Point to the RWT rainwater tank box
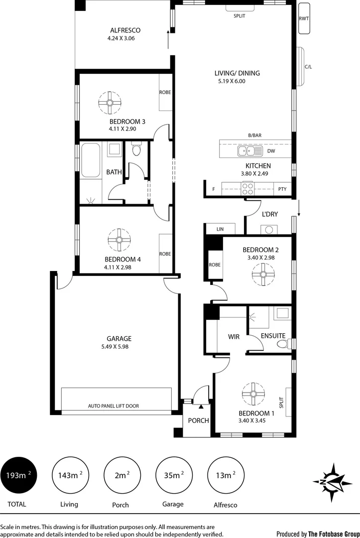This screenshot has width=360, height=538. pyautogui.click(x=303, y=19)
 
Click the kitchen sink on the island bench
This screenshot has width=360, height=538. pyautogui.click(x=246, y=150)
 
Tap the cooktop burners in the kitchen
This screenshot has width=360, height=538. pyautogui.click(x=248, y=188)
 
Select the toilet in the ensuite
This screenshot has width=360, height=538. pyautogui.click(x=282, y=344)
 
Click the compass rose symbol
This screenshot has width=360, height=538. pyautogui.click(x=333, y=482)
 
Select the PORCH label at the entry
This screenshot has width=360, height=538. pyautogui.click(x=198, y=420)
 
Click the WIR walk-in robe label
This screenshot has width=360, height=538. pyautogui.click(x=234, y=337)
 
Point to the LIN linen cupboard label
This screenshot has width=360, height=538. pyautogui.click(x=221, y=229)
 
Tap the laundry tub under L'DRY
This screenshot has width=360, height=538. pyautogui.click(x=269, y=230)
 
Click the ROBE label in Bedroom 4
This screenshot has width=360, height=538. pyautogui.click(x=165, y=254)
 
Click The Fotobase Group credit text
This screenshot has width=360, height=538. pyautogui.click(x=333, y=534)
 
